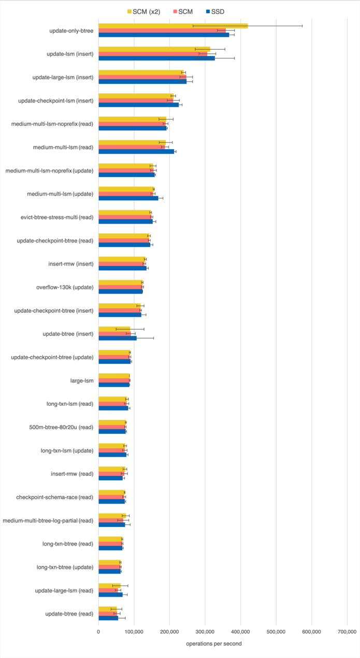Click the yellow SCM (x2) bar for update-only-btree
point(173,26)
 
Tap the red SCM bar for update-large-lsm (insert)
point(142,77)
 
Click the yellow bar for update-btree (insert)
point(114,329)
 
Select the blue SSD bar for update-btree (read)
point(108,618)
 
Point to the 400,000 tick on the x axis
point(240,632)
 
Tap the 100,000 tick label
point(134,632)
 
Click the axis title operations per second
point(214,644)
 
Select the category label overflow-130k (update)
point(65,287)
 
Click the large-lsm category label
point(82,381)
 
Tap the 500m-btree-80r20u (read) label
point(61,427)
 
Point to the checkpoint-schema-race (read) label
point(55,497)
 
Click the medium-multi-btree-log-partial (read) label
point(48,520)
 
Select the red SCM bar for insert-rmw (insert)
point(121,264)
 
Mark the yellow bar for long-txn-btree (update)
point(109,562)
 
